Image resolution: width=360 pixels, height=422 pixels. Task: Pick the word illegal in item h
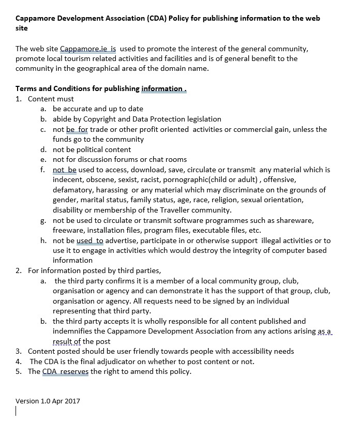tap(273, 240)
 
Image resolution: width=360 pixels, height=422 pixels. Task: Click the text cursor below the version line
tap(17, 412)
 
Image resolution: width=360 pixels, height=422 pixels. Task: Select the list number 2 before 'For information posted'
tap(18, 270)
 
